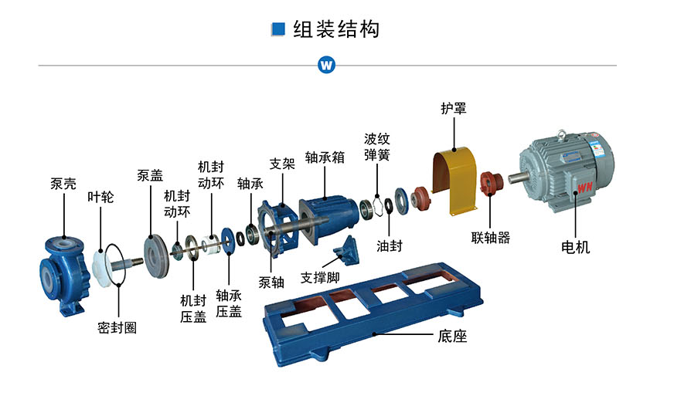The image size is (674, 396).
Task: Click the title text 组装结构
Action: click(336, 29)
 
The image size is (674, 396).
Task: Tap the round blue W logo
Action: click(326, 66)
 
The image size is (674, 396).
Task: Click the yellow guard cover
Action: click(454, 181)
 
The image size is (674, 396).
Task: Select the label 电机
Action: click(575, 247)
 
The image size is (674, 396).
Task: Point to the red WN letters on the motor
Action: click(584, 188)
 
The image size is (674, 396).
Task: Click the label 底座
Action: click(452, 336)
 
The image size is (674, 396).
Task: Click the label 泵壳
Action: click(63, 184)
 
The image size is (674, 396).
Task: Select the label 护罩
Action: click(454, 108)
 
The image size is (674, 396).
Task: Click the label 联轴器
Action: click(491, 238)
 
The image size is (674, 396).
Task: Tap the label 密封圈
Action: click(117, 328)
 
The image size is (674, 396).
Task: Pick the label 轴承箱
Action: click(325, 157)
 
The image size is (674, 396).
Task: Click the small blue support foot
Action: click(346, 250)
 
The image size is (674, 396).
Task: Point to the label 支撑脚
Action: click(320, 277)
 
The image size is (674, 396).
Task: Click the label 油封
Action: click(390, 245)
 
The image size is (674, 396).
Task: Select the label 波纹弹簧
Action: click(377, 147)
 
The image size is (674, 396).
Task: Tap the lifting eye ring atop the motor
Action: click(561, 134)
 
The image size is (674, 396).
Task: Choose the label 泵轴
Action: click(271, 283)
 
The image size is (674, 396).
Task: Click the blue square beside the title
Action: click(278, 29)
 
